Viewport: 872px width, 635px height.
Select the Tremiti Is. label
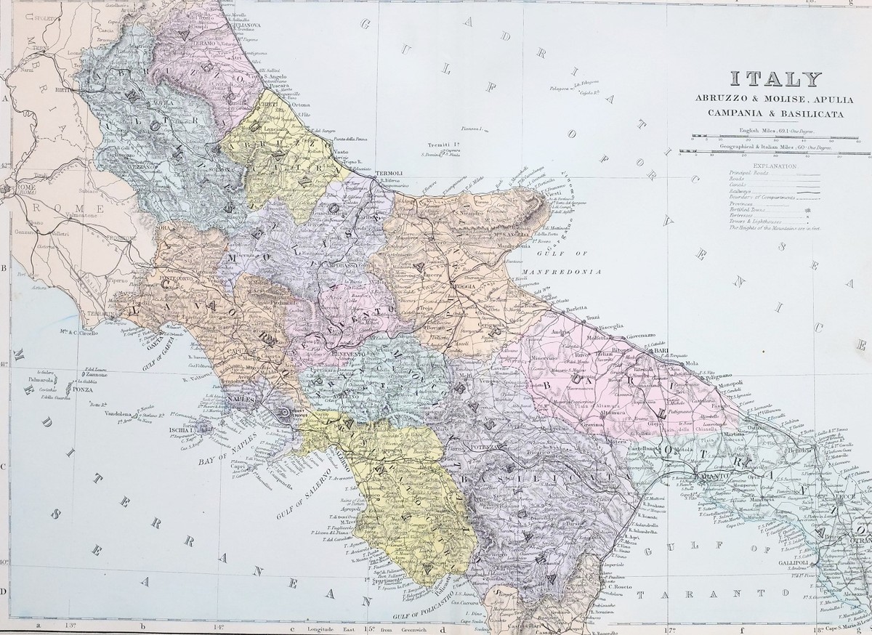437,145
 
